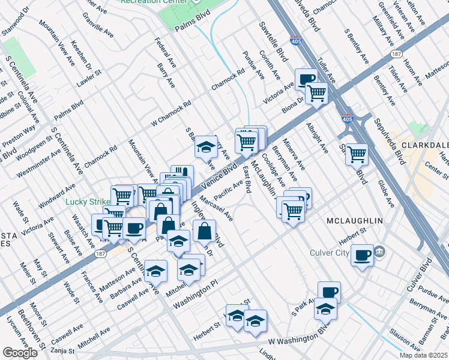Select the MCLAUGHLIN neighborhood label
point(354,221)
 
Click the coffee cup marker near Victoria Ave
point(306,79)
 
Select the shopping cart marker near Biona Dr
point(316,93)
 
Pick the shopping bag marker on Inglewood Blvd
point(205,230)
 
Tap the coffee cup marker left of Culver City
point(362,255)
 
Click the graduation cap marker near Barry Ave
point(206,146)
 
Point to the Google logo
point(20,353)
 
